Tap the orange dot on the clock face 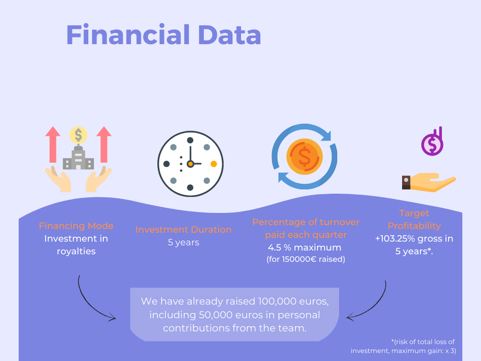214,164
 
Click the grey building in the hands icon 78,158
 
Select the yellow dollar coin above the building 78,135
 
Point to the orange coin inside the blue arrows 304,157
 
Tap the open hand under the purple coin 429,182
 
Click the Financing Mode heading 76,226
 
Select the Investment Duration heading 184,229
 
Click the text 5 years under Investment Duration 184,243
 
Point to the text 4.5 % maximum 304,247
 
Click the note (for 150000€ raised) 306,259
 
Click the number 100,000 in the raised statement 277,301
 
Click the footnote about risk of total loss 403,346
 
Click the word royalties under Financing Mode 76,251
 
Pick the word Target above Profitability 414,213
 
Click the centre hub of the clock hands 191,164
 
